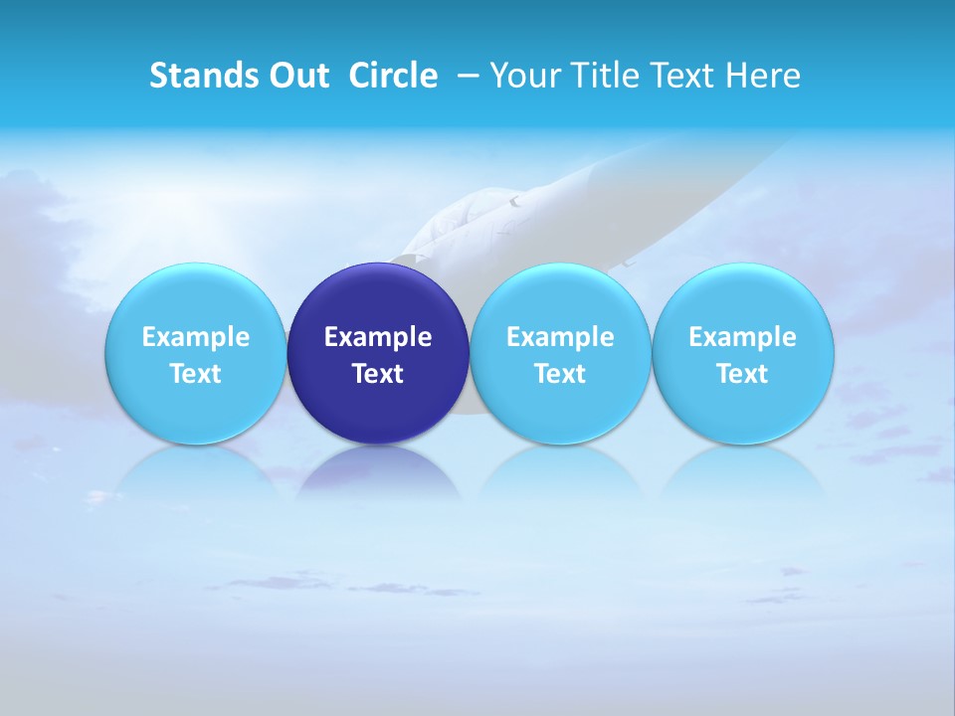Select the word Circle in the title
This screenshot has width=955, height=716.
pos(393,76)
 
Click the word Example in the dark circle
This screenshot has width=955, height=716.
pos(378,337)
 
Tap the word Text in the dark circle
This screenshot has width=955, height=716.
pos(378,374)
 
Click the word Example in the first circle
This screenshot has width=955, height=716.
pos(195,337)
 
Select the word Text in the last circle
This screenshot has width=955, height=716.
pos(743,374)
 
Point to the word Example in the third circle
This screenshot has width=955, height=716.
pos(560,337)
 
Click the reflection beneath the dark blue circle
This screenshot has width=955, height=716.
pos(378,472)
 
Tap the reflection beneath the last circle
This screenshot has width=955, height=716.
pos(743,472)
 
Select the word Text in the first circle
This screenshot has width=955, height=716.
pos(195,374)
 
